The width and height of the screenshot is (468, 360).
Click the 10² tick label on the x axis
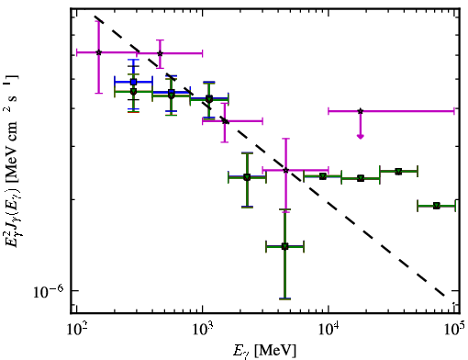(76, 331)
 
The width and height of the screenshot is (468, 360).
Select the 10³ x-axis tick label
(203, 331)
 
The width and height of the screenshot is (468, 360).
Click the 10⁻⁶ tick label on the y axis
(48, 291)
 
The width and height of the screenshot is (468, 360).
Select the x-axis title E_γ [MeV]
(264, 351)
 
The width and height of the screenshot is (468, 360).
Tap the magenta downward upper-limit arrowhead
(361, 137)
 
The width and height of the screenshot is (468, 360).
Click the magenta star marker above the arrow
(361, 111)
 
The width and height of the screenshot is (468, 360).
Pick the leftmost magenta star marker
(98, 52)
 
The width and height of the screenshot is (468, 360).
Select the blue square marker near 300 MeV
(133, 82)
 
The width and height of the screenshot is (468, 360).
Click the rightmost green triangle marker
(437, 206)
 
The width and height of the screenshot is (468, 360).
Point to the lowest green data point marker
(284, 246)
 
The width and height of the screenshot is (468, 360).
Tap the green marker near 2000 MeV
(247, 177)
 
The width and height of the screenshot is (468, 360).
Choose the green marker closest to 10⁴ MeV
(323, 176)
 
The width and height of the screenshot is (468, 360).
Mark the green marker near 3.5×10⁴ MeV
(398, 172)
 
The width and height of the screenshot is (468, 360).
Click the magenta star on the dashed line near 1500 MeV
(225, 121)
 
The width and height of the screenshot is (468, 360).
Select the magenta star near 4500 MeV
(285, 170)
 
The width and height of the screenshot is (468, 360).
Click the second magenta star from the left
(160, 53)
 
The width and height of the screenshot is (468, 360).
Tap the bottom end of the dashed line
(444, 296)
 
